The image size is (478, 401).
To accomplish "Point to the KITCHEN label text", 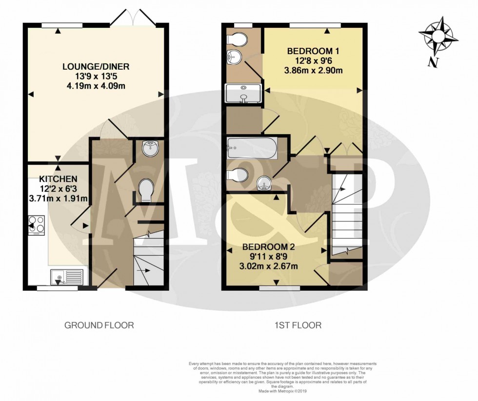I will click(x=57, y=179).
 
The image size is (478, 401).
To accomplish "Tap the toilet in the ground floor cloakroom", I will click(x=146, y=190).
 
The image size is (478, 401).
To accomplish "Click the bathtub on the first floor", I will click(x=252, y=148).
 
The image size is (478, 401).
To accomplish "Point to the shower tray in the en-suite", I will click(x=243, y=93).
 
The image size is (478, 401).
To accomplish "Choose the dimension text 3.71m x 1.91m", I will click(x=58, y=198).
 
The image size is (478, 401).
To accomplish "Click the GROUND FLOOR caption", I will click(x=99, y=325).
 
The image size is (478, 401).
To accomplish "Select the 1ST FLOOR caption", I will click(x=298, y=325).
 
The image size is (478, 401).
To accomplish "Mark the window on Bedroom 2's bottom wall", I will click(x=279, y=288).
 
